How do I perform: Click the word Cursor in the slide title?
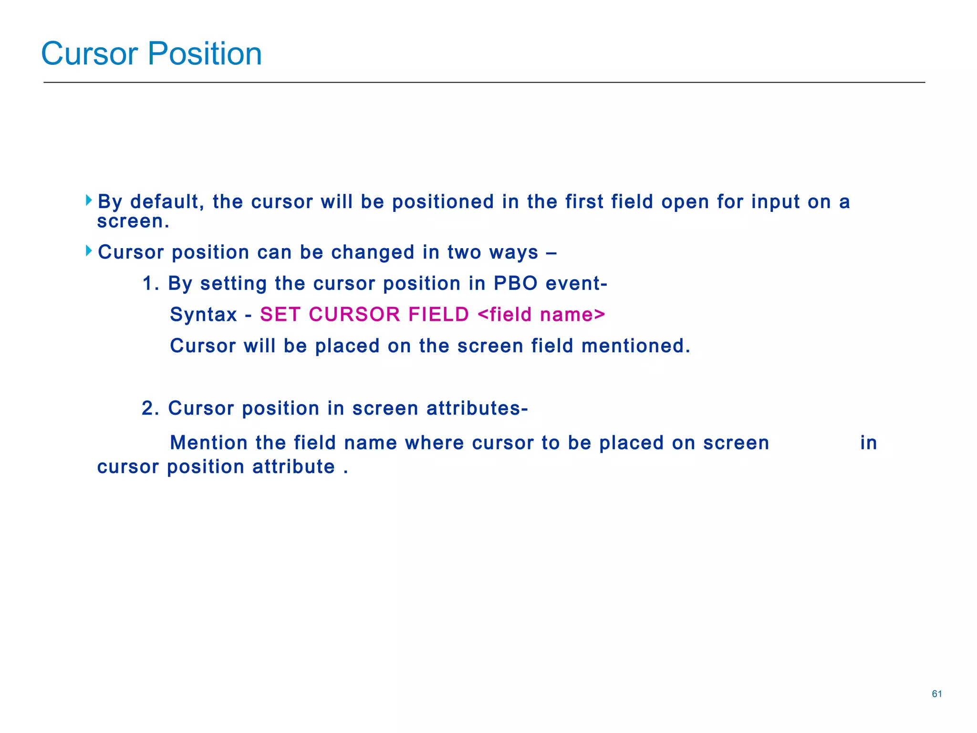(x=89, y=53)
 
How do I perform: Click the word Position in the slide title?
(x=205, y=53)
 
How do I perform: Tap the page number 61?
(x=936, y=694)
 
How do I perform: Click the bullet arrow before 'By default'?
(x=89, y=200)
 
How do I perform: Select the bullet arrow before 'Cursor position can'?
(x=89, y=251)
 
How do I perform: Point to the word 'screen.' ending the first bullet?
(x=133, y=221)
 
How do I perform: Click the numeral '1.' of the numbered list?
(x=151, y=284)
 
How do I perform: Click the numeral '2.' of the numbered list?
(x=151, y=408)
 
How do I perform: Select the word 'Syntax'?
(x=204, y=315)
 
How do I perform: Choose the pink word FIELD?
(x=439, y=315)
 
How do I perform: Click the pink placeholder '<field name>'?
(x=541, y=315)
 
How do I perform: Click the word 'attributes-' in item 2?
(x=477, y=408)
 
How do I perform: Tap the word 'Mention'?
(x=208, y=443)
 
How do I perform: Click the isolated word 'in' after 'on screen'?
(x=869, y=443)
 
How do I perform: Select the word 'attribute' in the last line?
(x=293, y=467)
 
